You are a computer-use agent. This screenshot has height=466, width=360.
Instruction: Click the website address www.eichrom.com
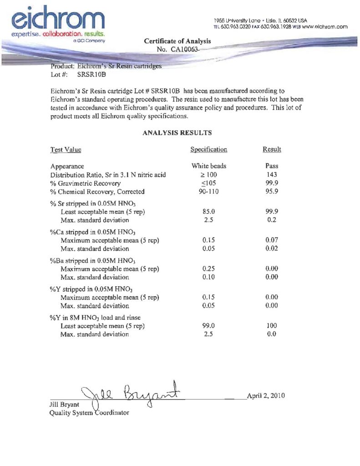point(325,26)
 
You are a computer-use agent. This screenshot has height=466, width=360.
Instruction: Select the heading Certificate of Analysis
point(177,41)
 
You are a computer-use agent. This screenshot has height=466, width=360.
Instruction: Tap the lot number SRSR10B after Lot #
point(91,74)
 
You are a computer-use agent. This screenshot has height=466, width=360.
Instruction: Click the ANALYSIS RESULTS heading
point(177,133)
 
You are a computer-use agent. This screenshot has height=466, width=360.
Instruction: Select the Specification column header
point(208,150)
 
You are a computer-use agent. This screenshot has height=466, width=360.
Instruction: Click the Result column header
point(272,149)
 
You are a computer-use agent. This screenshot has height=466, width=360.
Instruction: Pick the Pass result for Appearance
point(272,166)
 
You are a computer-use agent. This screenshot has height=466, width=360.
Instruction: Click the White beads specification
point(208,166)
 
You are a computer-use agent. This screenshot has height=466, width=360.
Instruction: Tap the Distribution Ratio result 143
point(272,175)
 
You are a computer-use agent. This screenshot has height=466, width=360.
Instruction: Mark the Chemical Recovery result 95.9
point(272,192)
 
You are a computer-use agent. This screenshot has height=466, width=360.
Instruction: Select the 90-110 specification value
point(208,192)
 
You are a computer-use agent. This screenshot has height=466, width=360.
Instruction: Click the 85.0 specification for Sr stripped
point(208,212)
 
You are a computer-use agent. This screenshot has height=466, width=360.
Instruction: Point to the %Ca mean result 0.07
point(272,240)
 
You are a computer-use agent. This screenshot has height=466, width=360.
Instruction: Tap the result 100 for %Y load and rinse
point(272,326)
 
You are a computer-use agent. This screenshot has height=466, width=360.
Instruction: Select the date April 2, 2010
point(266,395)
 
